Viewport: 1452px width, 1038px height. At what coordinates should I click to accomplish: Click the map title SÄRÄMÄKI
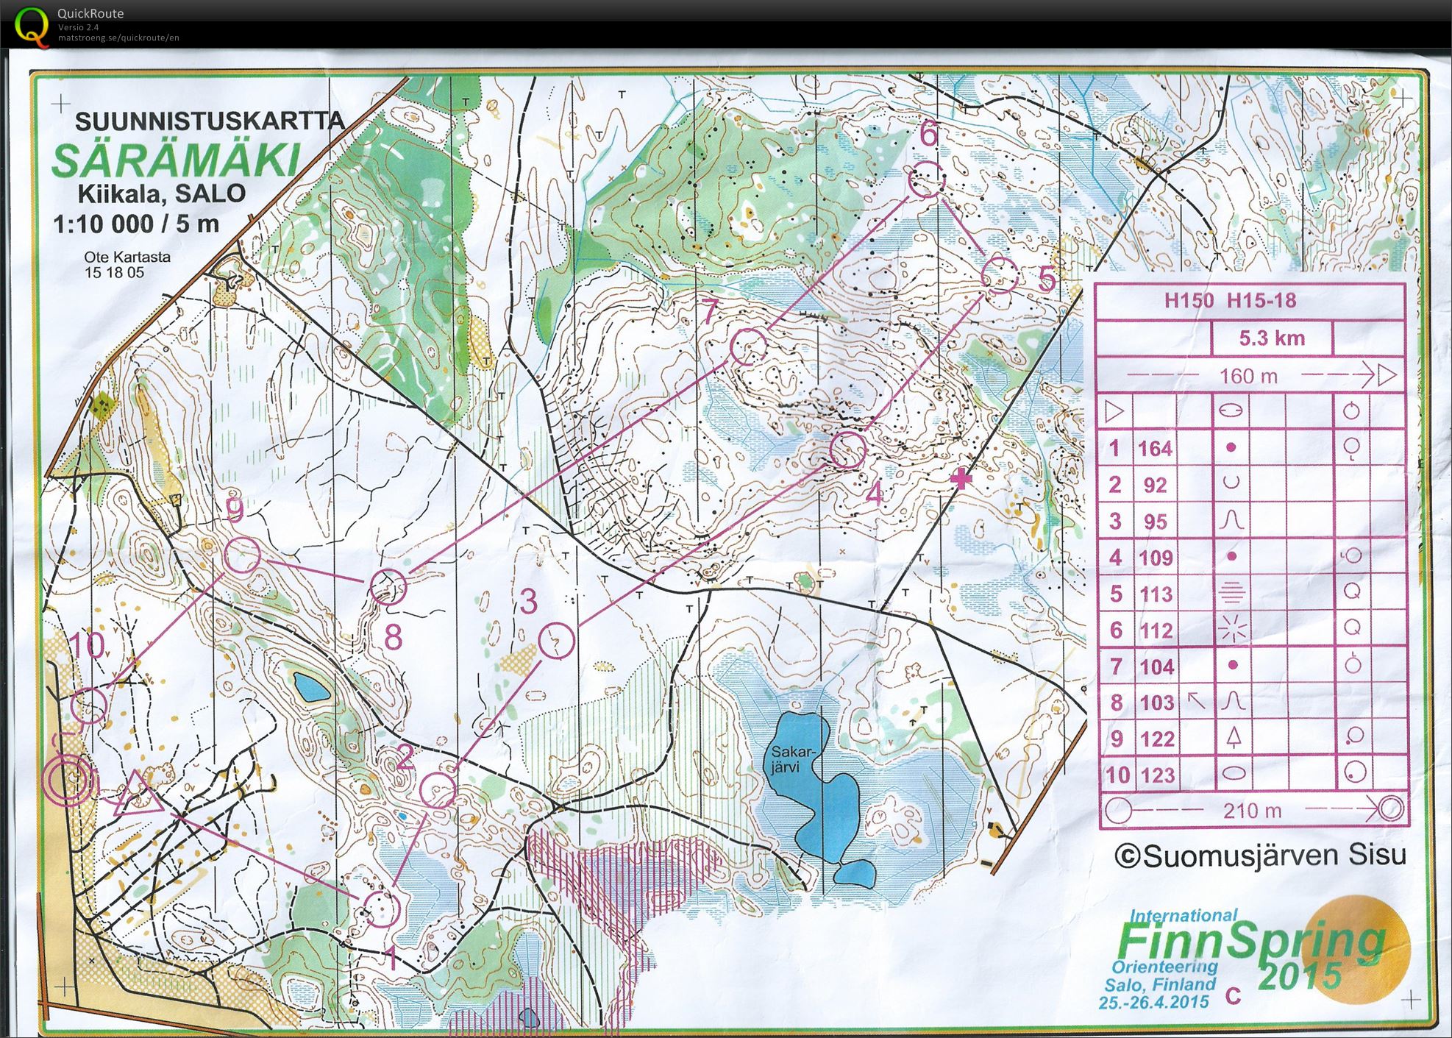click(177, 160)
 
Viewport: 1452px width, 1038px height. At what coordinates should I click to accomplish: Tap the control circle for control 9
click(242, 555)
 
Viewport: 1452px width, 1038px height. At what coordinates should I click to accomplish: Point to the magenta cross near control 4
click(961, 480)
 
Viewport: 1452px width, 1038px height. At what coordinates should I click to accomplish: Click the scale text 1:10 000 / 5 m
click(136, 224)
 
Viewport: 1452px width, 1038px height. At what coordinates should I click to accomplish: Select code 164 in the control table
click(1155, 448)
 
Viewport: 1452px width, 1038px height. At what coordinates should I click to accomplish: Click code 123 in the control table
click(1156, 775)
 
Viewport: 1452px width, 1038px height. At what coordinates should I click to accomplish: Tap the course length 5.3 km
click(1271, 338)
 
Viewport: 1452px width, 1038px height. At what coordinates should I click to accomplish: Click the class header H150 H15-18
click(1230, 300)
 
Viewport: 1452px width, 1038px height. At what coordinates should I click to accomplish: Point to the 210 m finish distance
click(1252, 811)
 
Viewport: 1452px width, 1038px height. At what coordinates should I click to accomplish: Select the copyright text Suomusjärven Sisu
click(1261, 856)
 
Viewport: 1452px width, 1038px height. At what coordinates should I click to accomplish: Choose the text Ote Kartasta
click(127, 257)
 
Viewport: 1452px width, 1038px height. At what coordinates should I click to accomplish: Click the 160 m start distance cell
click(1248, 376)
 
